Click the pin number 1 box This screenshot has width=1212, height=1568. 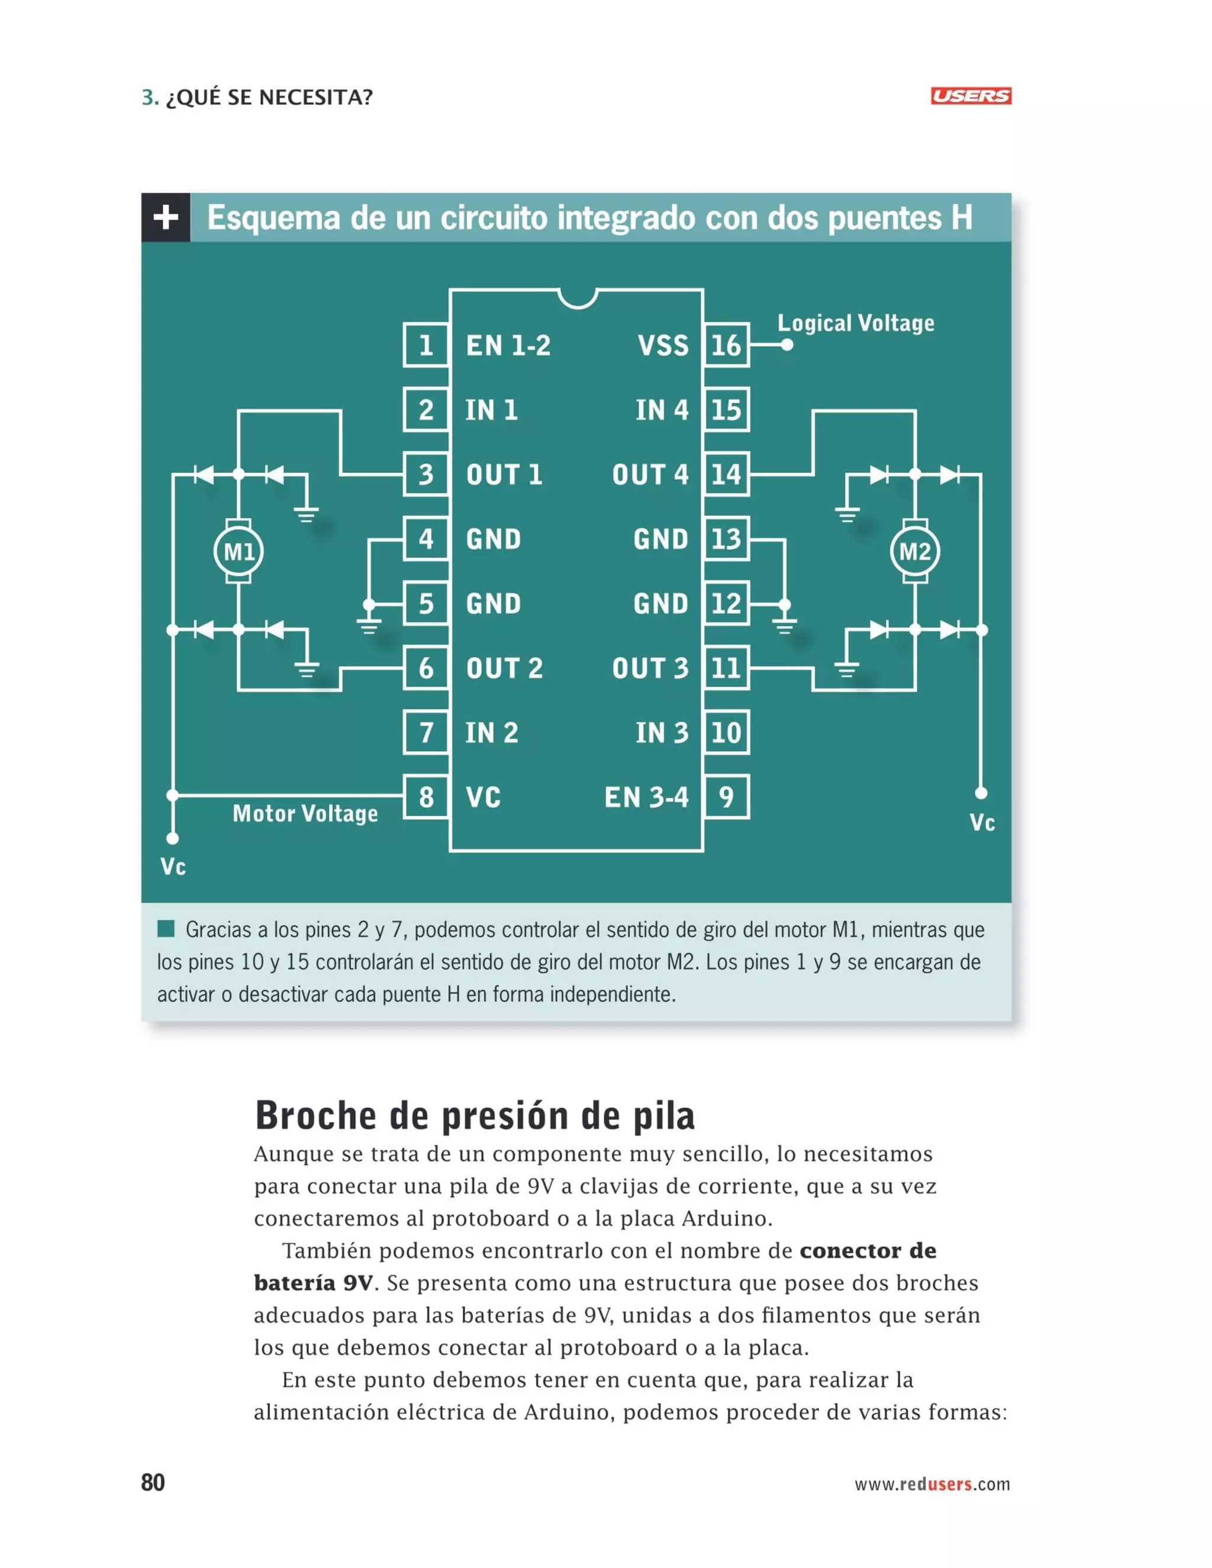pos(426,346)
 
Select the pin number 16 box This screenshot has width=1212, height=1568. pos(726,346)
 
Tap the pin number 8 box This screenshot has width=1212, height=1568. pos(426,797)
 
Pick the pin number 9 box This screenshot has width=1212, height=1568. pos(726,797)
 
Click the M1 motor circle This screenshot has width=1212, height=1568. pos(238,551)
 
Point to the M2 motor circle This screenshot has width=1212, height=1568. pos(915,551)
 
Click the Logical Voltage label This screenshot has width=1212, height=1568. pos(856,323)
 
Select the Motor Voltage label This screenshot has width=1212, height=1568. pos(305,814)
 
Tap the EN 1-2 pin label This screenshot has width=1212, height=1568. pos(508,346)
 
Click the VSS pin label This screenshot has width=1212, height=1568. pos(663,346)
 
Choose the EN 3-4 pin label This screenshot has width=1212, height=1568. pos(646,797)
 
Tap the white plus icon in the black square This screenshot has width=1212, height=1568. pos(166,217)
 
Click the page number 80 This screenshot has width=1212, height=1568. pos(153,1483)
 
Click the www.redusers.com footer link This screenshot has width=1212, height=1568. pos(931,1484)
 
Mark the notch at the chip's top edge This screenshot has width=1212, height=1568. pos(577,297)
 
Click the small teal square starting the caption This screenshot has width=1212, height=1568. pos(166,928)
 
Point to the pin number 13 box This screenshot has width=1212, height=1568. pos(726,538)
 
